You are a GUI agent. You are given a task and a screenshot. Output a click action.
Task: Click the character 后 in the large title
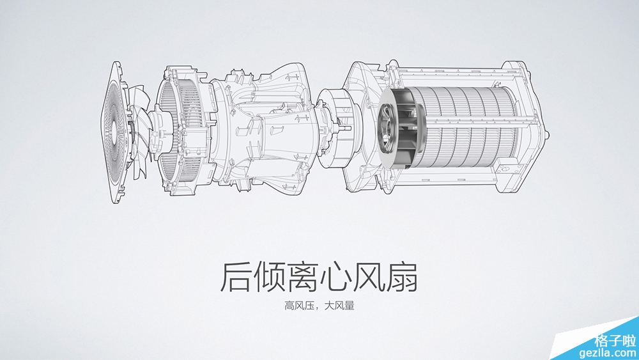[235, 277]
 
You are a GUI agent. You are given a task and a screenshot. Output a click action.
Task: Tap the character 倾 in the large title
[268, 277]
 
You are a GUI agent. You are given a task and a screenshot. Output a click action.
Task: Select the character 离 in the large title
[302, 277]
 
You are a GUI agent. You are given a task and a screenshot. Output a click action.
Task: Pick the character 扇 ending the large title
[403, 277]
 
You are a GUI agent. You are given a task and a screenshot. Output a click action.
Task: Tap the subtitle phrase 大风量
[339, 306]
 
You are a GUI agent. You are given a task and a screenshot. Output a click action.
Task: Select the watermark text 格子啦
[615, 340]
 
